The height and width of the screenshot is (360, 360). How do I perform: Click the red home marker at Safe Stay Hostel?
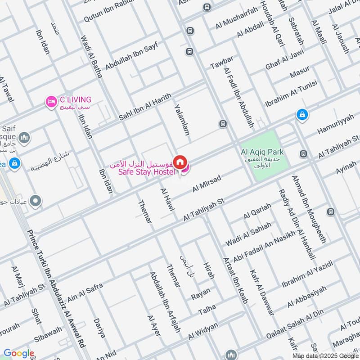click(180, 162)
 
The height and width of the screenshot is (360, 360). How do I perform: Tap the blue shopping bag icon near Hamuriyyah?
click(302, 115)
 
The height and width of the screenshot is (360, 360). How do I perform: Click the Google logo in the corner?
click(18, 353)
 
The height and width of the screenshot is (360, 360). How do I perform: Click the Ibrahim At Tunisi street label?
click(291, 92)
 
